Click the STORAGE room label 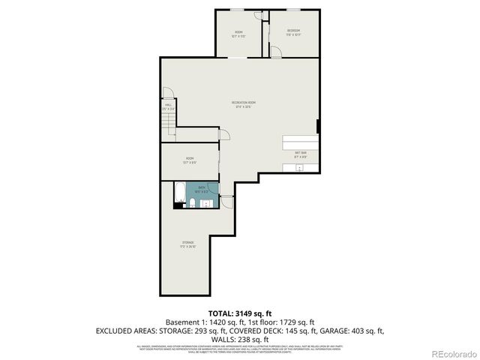click(x=187, y=243)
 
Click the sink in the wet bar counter click(x=299, y=169)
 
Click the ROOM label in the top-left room click(x=239, y=31)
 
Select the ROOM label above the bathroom click(x=190, y=159)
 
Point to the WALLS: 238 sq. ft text click(x=239, y=339)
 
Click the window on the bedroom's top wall click(x=292, y=10)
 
